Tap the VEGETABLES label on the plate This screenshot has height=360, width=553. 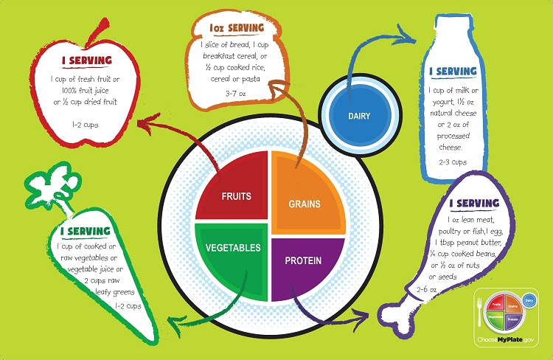pos(232,248)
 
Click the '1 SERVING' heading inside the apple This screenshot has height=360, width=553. pos(86,59)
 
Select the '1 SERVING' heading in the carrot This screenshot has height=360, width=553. pos(86,230)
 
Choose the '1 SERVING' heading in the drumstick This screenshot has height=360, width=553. pos(473,203)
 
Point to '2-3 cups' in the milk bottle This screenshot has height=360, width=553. pos(453,161)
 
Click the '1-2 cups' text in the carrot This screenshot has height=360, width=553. pos(129,305)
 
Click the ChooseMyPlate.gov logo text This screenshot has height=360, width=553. pos(509,342)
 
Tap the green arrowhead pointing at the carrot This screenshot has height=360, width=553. pos(172,321)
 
